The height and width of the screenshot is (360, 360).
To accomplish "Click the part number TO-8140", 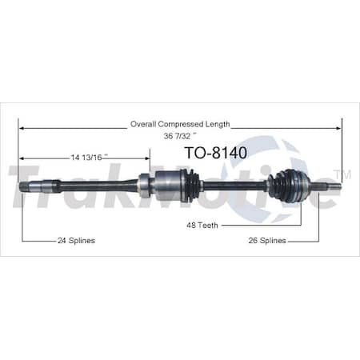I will coord(215,151).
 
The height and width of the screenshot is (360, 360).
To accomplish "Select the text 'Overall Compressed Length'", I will coord(180,124).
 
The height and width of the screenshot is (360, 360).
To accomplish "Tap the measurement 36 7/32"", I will coord(180,135).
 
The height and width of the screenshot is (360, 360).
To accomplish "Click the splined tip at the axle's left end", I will coord(26,186).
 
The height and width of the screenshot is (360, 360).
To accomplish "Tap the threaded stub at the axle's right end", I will coord(332,186).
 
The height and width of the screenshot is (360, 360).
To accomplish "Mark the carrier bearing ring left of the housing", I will coord(144,186).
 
